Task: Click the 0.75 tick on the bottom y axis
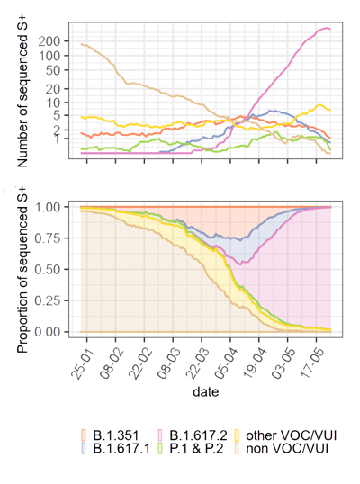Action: pyautogui.click(x=58, y=238)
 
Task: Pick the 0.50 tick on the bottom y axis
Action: pyautogui.click(x=58, y=269)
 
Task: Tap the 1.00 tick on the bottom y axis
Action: pyautogui.click(x=58, y=207)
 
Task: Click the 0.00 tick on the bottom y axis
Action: pyautogui.click(x=58, y=332)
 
